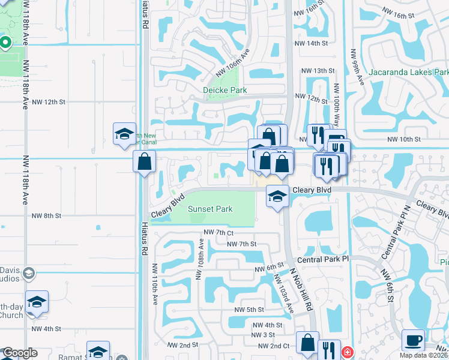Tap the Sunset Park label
point(210,209)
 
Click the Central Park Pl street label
point(323,259)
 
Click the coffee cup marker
point(413,340)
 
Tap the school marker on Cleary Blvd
point(277,196)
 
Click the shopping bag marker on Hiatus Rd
point(144,161)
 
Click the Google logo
point(20,353)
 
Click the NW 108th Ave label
point(200,260)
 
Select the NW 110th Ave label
point(155,284)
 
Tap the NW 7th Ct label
point(218,232)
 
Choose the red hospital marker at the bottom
point(346,352)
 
